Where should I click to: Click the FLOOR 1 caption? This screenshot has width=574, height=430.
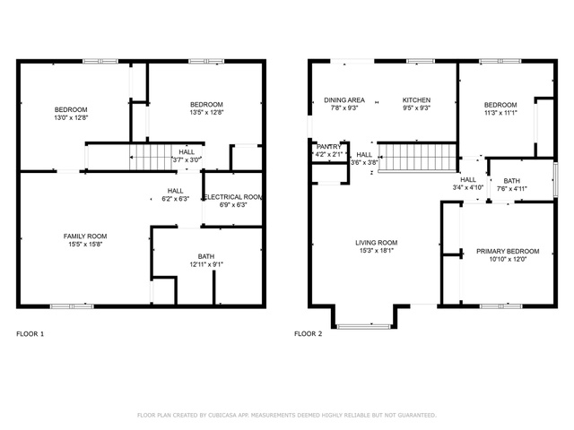30,333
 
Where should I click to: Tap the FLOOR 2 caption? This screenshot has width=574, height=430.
309,333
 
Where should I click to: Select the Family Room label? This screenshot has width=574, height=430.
85,236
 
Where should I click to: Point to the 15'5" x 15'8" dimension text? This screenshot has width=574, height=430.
85,245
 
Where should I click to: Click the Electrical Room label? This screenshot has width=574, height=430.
233,197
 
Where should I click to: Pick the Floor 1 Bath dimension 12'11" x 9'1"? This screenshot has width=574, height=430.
206,264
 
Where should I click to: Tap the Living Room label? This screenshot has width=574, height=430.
377,243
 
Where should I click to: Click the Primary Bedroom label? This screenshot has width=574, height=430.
508,251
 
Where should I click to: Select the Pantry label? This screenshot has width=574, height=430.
329,147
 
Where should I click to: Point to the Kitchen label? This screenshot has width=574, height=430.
416,99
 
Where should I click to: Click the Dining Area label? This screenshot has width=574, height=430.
344,99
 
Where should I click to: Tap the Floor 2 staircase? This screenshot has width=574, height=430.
417,158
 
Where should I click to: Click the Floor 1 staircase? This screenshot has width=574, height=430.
151,158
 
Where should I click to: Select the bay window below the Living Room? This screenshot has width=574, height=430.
364,326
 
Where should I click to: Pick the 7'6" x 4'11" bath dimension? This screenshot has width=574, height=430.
512,189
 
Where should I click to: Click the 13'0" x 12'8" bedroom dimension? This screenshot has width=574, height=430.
71,117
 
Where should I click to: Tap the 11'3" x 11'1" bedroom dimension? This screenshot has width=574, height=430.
500,113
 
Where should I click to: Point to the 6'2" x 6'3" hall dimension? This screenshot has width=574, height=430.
176,199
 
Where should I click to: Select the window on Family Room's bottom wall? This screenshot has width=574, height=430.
72,306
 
